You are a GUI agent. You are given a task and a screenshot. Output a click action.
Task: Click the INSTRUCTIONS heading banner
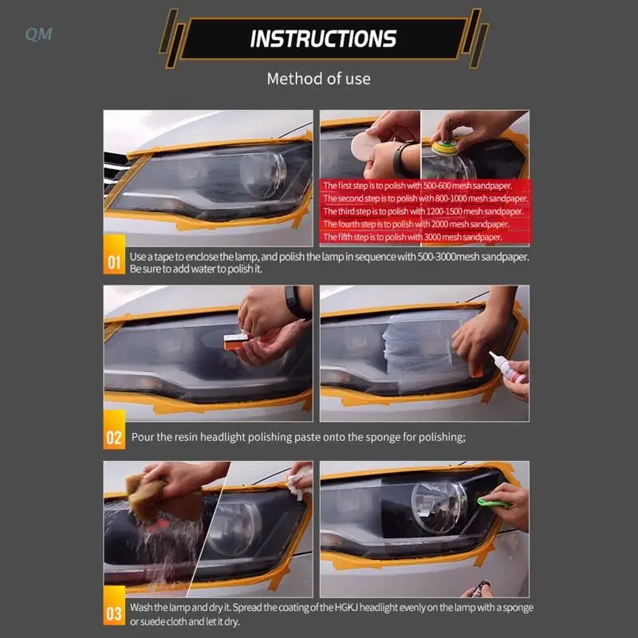point(322,37)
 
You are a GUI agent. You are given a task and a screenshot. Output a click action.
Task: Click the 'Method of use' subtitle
point(318,78)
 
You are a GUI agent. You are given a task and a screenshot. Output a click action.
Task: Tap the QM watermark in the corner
point(38,34)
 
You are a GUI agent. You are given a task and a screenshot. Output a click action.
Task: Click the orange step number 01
point(114,262)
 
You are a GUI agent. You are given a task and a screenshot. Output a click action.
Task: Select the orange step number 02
point(114,437)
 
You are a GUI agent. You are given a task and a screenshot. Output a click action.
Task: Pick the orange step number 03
point(114,613)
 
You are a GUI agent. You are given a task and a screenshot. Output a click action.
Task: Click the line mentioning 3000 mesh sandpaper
point(412,237)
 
